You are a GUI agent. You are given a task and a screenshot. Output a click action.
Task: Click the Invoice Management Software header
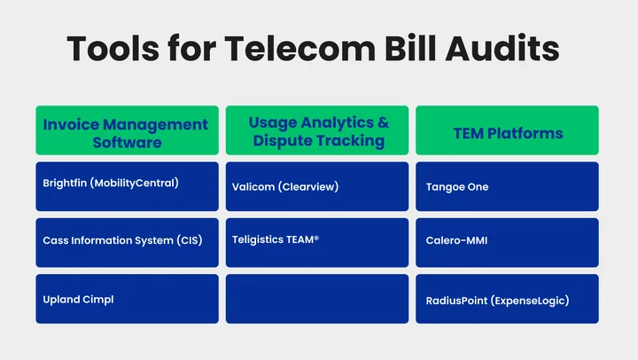click(126, 131)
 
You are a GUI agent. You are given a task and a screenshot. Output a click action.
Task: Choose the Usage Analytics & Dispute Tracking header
click(317, 131)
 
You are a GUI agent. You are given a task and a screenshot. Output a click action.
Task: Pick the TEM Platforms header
click(507, 133)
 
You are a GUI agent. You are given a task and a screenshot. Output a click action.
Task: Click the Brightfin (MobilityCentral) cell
click(126, 185)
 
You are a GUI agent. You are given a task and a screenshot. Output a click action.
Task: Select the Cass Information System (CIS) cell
click(126, 241)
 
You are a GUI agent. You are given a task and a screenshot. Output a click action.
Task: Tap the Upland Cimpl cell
click(126, 299)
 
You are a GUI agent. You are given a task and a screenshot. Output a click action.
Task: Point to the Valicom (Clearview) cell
click(317, 186)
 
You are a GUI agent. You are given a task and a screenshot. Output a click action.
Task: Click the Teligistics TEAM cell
click(317, 241)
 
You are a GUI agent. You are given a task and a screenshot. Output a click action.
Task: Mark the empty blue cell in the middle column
click(317, 299)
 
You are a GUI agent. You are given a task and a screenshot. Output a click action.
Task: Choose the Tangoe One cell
click(507, 186)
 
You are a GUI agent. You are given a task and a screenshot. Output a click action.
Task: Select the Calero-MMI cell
click(507, 242)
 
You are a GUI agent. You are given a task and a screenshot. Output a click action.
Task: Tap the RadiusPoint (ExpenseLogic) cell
click(507, 299)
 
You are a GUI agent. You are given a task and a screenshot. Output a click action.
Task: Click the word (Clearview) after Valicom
click(310, 187)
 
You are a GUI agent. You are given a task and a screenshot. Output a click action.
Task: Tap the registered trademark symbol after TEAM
click(315, 237)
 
